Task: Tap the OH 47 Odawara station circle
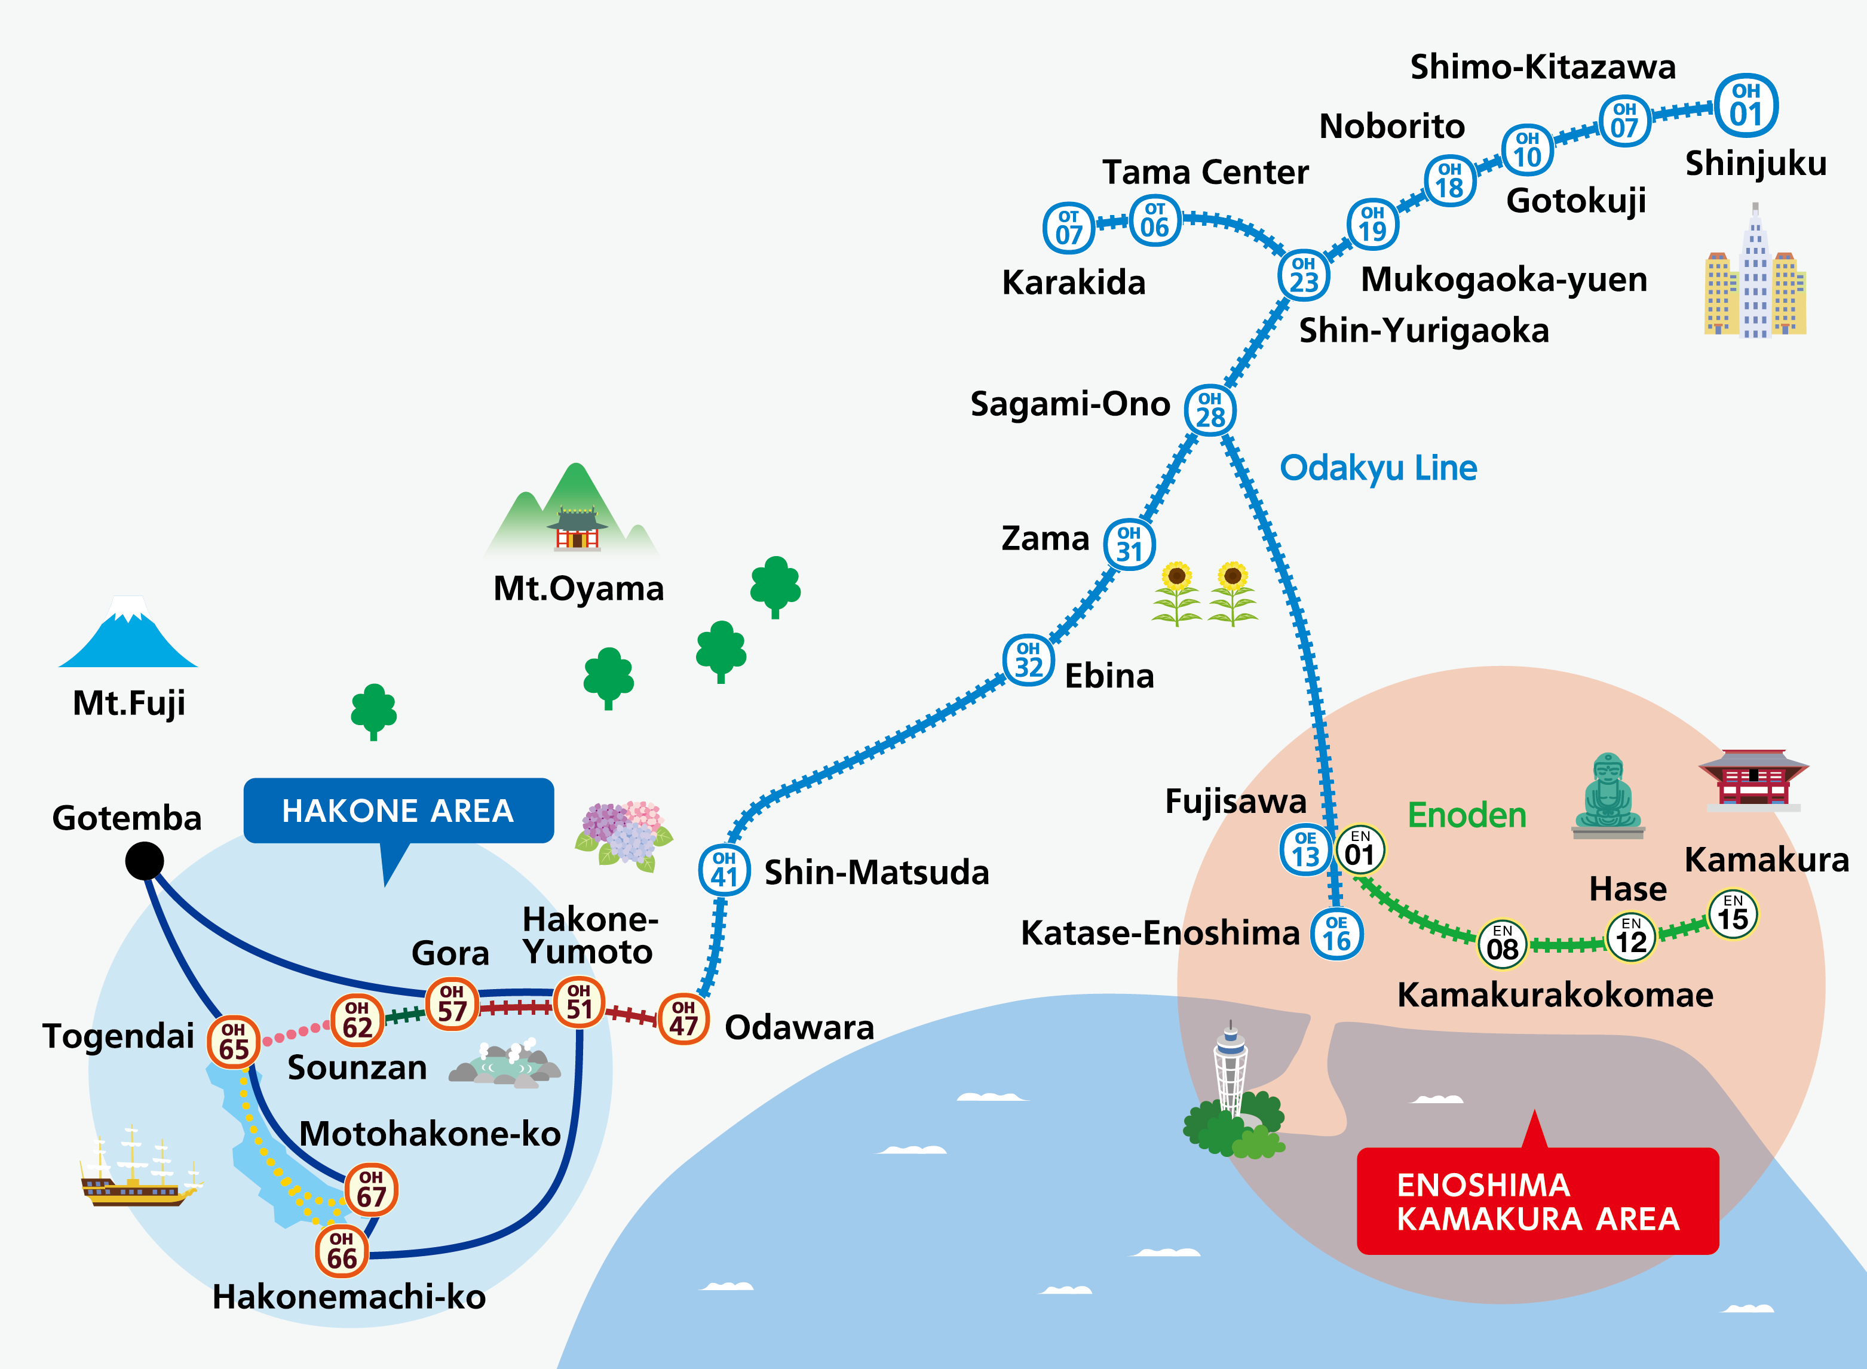tap(683, 1018)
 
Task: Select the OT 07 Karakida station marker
tap(1068, 228)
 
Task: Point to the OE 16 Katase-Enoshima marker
tap(1336, 934)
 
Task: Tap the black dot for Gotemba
tap(144, 861)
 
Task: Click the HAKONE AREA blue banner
tap(398, 811)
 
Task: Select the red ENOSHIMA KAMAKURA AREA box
tap(1537, 1202)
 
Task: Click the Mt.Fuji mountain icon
tap(128, 634)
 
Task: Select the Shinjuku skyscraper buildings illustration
tap(1754, 278)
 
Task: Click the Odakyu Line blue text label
tap(1378, 468)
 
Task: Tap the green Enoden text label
tap(1467, 815)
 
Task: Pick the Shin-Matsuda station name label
tap(876, 873)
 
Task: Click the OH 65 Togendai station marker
tap(234, 1041)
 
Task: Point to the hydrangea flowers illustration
tap(623, 836)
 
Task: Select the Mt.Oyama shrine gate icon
tap(577, 530)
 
